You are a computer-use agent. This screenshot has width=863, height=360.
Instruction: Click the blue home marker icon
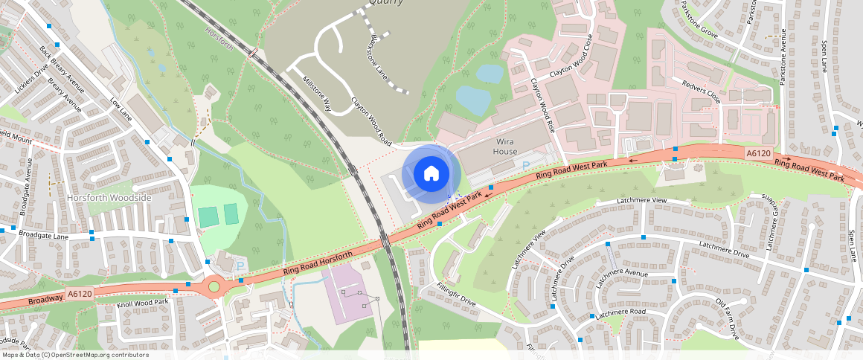tap(431, 174)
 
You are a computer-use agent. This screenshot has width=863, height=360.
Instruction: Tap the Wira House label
tap(505, 146)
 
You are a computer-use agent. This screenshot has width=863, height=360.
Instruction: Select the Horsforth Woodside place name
tap(109, 198)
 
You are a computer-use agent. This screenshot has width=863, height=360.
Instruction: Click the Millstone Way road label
tap(316, 92)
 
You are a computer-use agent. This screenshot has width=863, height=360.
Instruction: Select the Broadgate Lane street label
tap(44, 235)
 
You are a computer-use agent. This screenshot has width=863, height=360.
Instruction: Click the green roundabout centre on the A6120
tap(214, 286)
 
